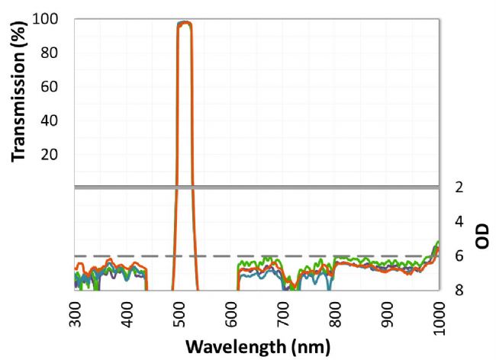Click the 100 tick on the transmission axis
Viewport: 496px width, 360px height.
tap(45, 19)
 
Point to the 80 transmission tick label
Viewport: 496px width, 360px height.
tap(50, 53)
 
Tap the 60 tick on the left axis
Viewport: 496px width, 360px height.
tap(50, 86)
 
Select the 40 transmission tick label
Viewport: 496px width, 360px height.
tap(50, 121)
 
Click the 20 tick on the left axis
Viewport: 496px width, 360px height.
tap(50, 154)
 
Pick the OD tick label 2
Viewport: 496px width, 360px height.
tap(459, 187)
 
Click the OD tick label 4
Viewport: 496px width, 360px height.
tap(459, 221)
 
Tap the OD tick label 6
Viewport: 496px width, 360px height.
tap(459, 256)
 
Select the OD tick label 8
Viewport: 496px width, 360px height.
tap(459, 290)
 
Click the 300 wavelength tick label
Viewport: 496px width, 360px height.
tap(75, 314)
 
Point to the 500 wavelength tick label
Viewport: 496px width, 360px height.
tap(179, 314)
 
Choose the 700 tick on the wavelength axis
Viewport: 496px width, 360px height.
tap(284, 314)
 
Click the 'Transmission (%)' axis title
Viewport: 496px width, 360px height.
tap(18, 92)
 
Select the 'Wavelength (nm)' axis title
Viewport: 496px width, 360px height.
tap(258, 347)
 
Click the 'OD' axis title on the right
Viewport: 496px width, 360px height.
tap(482, 236)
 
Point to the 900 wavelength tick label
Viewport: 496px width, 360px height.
tap(388, 314)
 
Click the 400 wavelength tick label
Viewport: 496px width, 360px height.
tap(127, 314)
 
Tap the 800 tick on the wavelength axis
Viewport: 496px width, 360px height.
tap(336, 314)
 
